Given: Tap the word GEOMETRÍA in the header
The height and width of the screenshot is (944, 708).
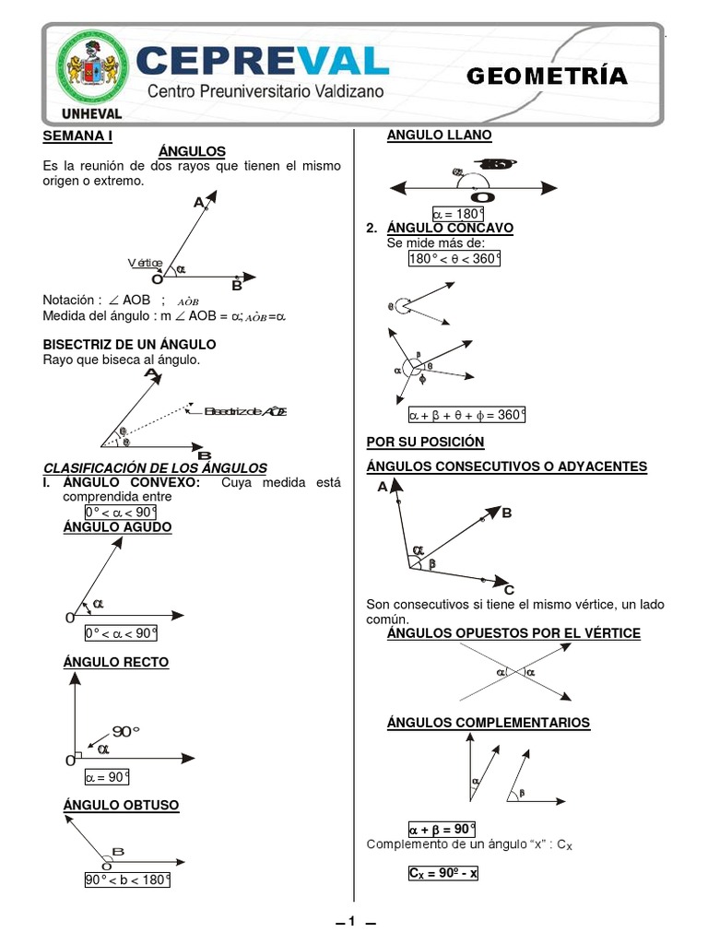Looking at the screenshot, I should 547,77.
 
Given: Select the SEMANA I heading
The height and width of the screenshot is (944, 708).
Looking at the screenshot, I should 77,136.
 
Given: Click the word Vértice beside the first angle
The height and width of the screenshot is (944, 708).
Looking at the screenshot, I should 145,263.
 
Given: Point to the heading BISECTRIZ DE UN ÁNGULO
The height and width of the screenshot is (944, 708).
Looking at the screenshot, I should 130,344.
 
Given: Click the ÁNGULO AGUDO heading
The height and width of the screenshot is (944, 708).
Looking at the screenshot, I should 117,527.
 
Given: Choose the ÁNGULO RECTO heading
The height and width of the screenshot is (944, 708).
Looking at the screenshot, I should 116,663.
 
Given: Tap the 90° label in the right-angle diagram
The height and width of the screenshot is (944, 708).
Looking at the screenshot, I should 125,731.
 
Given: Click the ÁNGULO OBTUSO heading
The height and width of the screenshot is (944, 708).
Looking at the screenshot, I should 121,806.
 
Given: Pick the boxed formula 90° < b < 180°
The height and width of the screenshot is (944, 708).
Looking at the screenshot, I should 128,879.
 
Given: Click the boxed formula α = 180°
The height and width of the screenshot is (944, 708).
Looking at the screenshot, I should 458,215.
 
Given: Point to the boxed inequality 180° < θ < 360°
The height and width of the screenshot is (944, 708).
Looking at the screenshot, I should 454,259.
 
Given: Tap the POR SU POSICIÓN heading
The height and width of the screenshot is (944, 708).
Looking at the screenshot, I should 425,442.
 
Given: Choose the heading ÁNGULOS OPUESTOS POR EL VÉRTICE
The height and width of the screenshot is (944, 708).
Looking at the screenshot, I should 513,633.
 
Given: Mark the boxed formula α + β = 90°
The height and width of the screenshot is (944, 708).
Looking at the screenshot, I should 442,828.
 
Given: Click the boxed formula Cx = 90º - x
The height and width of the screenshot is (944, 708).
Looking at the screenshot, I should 443,872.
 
